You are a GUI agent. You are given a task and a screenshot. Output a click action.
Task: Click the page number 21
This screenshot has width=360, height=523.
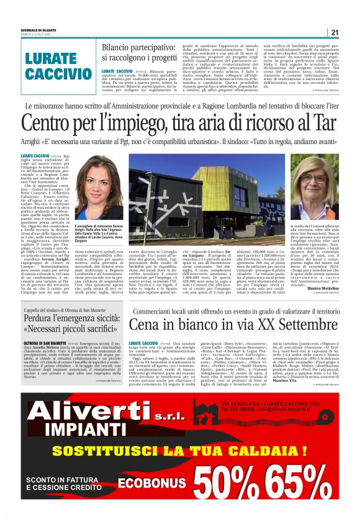click(335, 32)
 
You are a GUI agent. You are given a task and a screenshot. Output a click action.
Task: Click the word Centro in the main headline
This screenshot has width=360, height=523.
click(50, 123)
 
